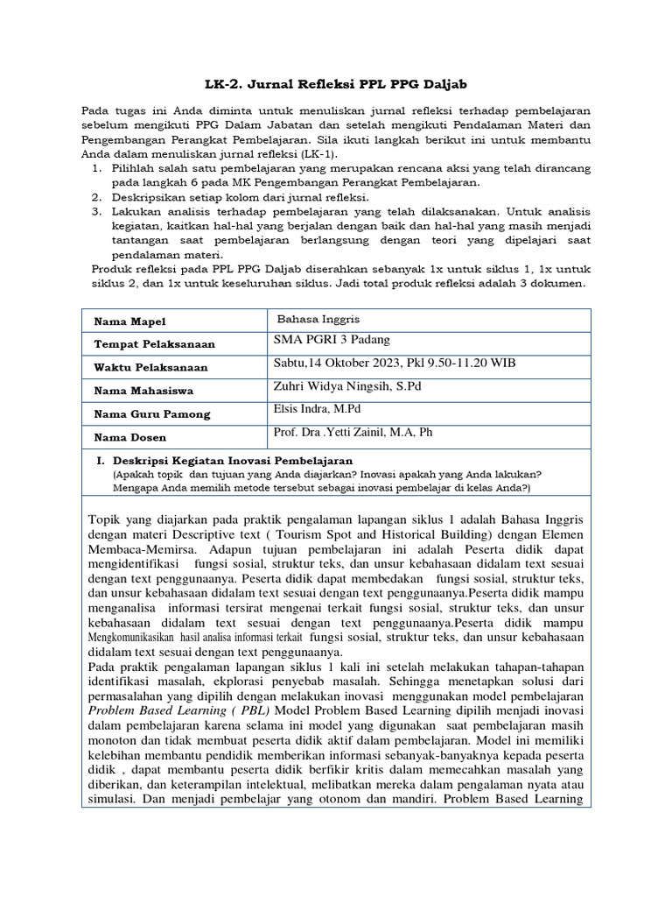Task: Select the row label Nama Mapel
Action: pyautogui.click(x=130, y=321)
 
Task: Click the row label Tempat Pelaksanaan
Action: pyautogui.click(x=157, y=344)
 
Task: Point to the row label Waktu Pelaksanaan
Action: pyautogui.click(x=152, y=367)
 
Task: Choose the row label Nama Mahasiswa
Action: pyautogui.click(x=145, y=390)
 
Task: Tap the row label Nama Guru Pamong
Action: pyautogui.click(x=152, y=413)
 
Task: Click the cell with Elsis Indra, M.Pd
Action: pyautogui.click(x=318, y=409)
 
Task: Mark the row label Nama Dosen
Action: pyautogui.click(x=130, y=436)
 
